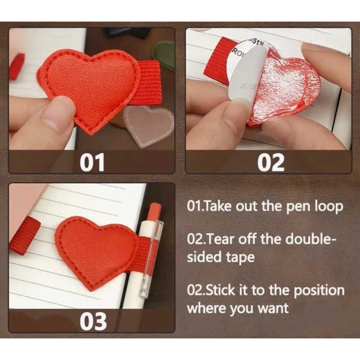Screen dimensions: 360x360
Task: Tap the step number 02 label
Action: pyautogui.click(x=271, y=162)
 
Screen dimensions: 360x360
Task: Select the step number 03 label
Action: pyautogui.click(x=94, y=321)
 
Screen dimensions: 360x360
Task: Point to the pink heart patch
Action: pyautogui.click(x=148, y=125)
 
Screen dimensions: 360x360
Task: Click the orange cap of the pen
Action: pyautogui.click(x=154, y=211)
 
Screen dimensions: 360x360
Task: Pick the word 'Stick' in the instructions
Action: pyautogui.click(x=219, y=290)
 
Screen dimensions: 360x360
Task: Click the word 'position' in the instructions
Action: pyautogui.click(x=319, y=291)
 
